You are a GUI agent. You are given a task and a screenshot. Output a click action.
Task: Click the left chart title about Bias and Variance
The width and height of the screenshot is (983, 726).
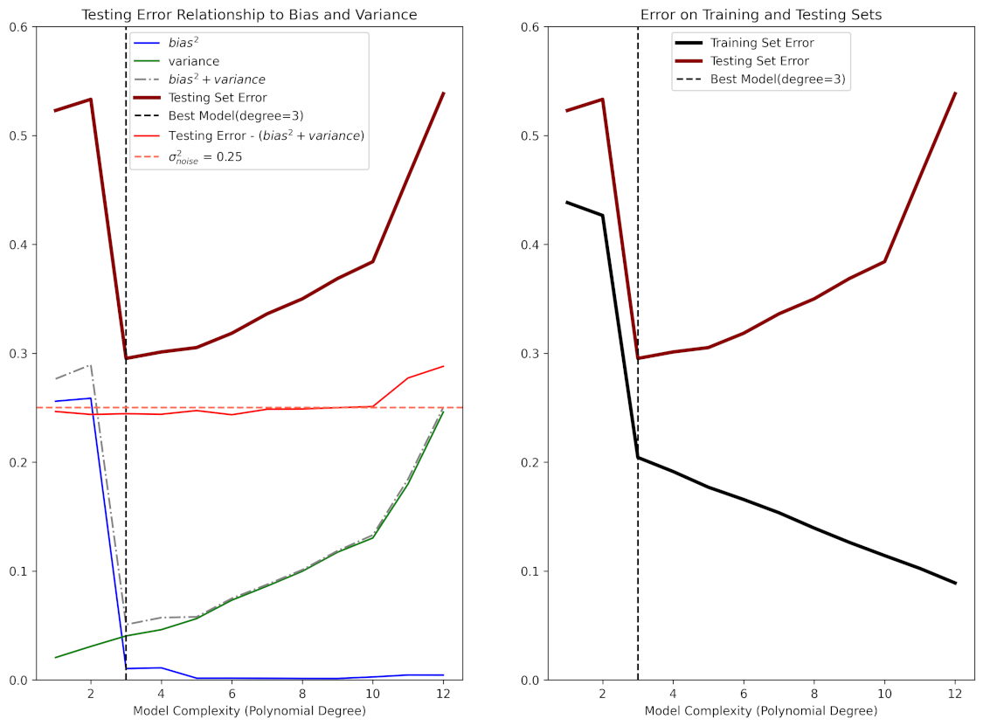tap(249, 15)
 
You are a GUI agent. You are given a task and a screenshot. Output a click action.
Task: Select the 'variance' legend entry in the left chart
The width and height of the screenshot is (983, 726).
tap(193, 61)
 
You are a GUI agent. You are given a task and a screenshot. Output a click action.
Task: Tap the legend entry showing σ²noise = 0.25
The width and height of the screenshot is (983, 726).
tap(204, 156)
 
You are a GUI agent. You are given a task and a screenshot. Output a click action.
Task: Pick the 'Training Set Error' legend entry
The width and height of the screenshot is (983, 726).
tap(762, 43)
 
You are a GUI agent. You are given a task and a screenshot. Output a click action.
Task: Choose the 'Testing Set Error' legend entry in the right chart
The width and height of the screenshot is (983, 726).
tap(759, 61)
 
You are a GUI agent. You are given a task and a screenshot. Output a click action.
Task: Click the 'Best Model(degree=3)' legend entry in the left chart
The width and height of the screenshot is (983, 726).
tap(235, 116)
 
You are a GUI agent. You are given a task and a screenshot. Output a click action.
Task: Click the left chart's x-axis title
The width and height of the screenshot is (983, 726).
tap(249, 711)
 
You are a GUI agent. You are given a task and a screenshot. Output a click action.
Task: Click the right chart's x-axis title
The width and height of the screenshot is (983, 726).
tap(761, 711)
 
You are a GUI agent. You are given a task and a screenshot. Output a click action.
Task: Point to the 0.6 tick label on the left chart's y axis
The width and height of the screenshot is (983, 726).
tap(18, 26)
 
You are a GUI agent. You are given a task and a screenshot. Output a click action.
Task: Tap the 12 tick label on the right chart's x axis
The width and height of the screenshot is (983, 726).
tap(955, 694)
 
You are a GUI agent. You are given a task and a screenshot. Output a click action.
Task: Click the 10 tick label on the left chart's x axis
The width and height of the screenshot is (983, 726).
tap(372, 694)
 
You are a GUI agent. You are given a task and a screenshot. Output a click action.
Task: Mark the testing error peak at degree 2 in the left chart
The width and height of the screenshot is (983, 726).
tap(90, 100)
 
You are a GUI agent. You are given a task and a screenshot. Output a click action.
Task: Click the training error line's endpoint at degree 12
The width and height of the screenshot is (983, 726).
tap(955, 583)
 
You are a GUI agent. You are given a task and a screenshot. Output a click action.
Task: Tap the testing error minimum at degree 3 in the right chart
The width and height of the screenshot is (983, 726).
tap(638, 358)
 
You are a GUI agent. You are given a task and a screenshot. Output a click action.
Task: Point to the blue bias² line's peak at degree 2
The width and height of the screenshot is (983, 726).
tap(90, 398)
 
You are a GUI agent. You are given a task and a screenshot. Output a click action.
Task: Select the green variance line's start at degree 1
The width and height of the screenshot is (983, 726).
tap(55, 657)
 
